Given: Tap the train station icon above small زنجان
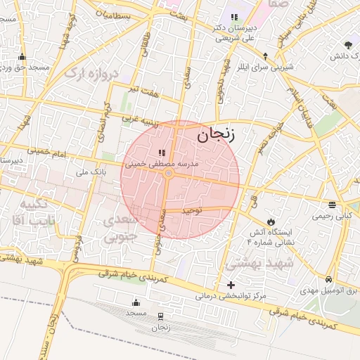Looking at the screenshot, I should coord(162,317).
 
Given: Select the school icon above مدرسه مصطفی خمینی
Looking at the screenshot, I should coord(162,152).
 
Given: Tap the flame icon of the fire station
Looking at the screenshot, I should coord(271,221).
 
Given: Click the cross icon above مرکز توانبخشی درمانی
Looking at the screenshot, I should coord(231,285).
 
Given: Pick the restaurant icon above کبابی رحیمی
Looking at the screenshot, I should coord(332,205).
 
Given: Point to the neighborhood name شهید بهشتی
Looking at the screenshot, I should coord(253,264).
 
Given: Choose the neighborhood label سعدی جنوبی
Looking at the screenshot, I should coord(127,229).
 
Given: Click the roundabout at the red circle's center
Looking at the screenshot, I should coord(169,173).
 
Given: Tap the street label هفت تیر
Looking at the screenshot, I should coord(144,91).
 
